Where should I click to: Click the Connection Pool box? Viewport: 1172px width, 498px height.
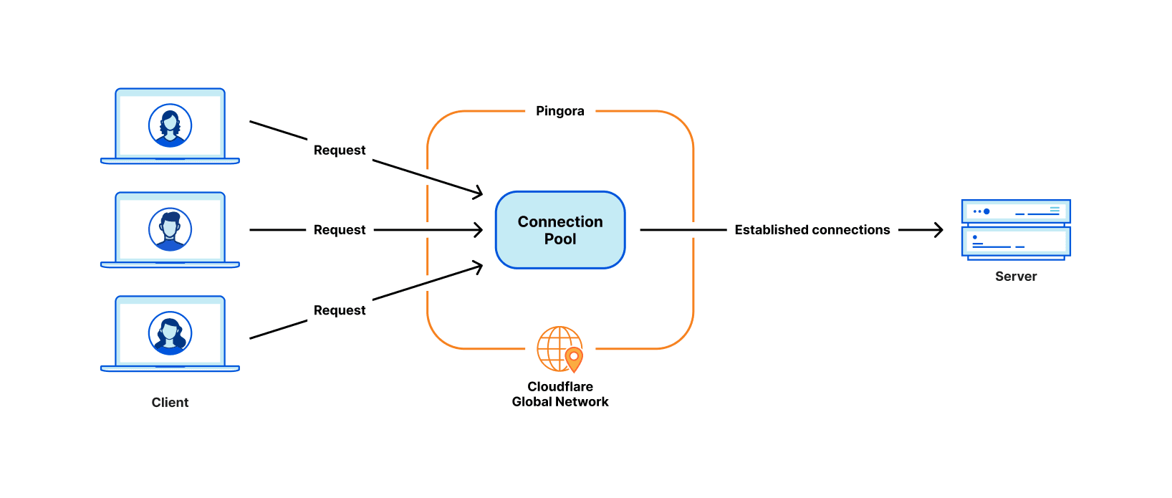[x=560, y=230]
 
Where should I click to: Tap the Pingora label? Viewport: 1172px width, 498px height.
[x=560, y=111]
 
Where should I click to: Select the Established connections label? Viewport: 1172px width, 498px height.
[x=812, y=230]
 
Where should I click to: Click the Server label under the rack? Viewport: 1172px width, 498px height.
[x=1015, y=277]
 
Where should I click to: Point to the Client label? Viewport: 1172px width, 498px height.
[x=170, y=403]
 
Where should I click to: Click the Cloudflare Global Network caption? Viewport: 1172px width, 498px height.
[x=560, y=394]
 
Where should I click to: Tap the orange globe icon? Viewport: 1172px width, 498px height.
[x=557, y=348]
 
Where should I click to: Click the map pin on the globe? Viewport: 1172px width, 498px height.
[x=574, y=358]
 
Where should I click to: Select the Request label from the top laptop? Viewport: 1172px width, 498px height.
[x=340, y=150]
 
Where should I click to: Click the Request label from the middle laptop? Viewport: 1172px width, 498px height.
[x=340, y=230]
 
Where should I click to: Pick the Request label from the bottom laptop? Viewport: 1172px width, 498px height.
[x=340, y=310]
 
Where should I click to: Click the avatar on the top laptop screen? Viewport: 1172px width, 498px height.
[x=170, y=125]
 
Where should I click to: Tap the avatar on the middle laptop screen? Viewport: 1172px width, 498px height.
[x=170, y=229]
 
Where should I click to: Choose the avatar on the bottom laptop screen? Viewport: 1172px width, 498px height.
[x=170, y=333]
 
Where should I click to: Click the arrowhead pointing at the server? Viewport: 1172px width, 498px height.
[x=938, y=230]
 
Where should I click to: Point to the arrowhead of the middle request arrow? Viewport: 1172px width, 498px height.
[x=479, y=230]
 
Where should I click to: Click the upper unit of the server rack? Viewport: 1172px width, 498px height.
[x=1015, y=211]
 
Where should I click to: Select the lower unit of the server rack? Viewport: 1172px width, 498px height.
[x=1015, y=241]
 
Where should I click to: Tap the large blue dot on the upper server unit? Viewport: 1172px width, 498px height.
[x=986, y=211]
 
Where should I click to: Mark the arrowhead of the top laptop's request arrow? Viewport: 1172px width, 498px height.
[x=478, y=193]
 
